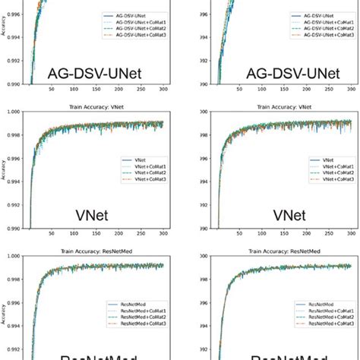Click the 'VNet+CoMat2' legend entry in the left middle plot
point(142,174)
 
